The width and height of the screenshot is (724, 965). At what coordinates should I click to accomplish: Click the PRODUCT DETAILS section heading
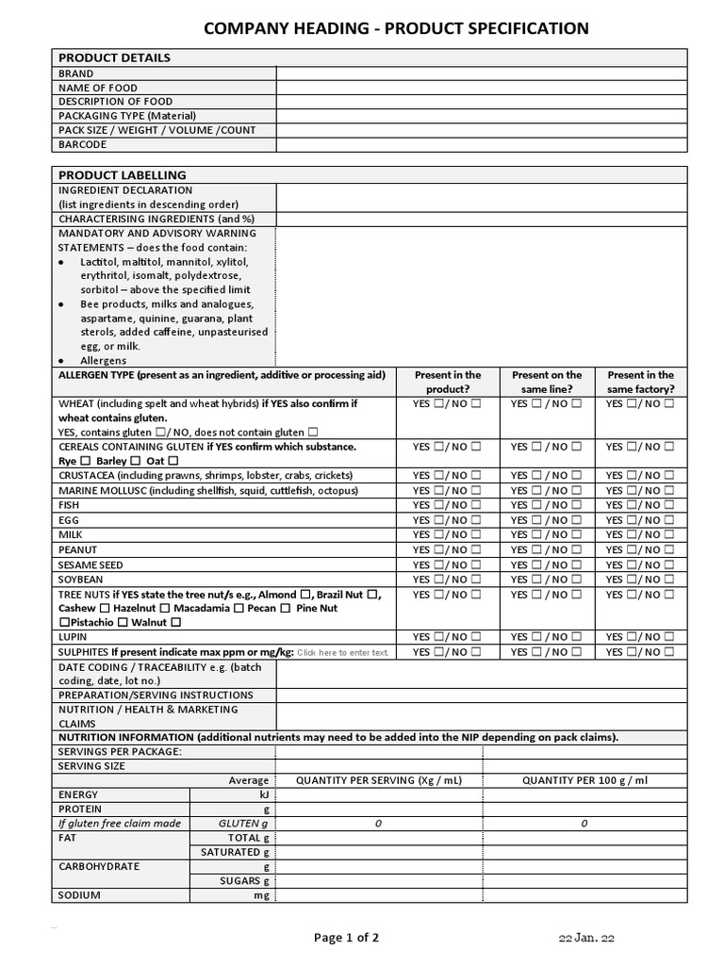tap(114, 57)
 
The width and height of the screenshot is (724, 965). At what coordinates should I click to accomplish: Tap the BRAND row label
tap(76, 74)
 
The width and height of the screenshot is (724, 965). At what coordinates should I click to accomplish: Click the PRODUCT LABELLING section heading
tap(123, 175)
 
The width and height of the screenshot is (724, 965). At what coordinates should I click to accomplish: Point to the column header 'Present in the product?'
tap(447, 382)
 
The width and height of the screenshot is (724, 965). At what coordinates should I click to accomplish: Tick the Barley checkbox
tap(134, 461)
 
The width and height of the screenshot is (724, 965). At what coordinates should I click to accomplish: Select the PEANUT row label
tap(78, 549)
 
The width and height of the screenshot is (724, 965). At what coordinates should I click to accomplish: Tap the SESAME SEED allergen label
tap(90, 564)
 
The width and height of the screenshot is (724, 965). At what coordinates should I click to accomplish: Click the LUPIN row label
tap(73, 637)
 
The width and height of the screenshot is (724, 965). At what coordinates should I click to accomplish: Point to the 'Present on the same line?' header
tap(547, 382)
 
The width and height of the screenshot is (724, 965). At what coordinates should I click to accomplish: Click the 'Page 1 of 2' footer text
tap(347, 937)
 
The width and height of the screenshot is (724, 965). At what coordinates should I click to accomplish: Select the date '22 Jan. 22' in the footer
tap(586, 938)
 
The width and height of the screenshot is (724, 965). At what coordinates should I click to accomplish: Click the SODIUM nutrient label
tap(79, 895)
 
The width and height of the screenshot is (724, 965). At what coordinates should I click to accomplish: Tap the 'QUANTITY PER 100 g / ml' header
tap(584, 780)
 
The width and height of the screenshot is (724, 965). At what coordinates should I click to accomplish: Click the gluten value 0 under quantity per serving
tap(378, 824)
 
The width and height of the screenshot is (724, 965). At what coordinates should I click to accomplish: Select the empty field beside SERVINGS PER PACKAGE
tap(379, 751)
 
